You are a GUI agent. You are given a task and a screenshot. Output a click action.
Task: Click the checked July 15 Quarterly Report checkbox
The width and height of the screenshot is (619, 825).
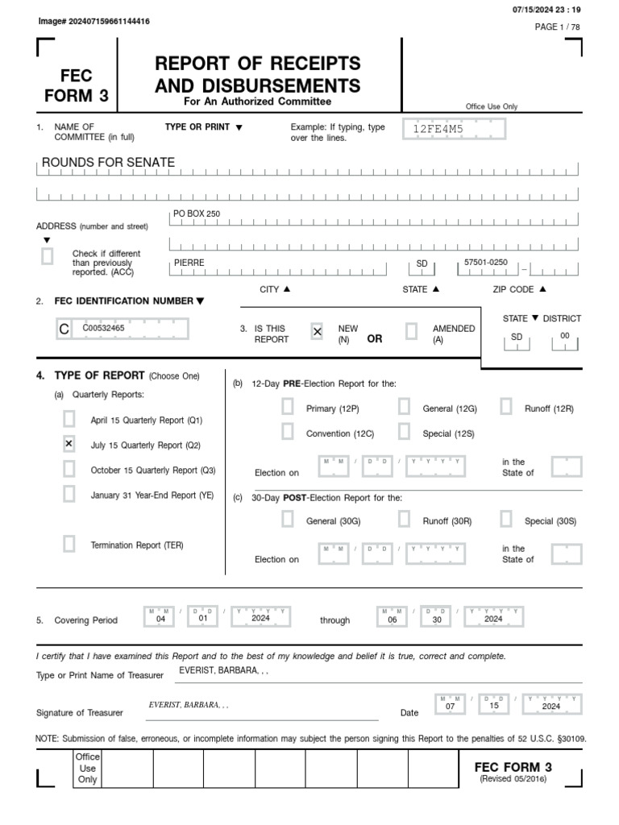point(69,444)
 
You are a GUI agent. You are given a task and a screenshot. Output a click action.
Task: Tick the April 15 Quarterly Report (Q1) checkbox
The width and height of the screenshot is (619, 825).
point(69,419)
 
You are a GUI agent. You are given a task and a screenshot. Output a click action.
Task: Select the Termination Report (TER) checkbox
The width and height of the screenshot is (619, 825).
point(69,545)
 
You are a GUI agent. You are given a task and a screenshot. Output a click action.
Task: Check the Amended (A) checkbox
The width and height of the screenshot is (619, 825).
point(411,331)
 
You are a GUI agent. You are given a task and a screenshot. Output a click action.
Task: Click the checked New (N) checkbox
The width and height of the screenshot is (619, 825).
point(317,331)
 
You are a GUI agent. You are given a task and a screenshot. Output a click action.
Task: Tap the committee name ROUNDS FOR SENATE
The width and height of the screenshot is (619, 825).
point(108,163)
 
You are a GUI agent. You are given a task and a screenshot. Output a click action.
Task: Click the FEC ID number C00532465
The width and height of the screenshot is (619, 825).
point(103,328)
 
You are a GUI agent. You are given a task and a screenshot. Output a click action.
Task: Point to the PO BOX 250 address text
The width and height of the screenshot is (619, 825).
point(197,214)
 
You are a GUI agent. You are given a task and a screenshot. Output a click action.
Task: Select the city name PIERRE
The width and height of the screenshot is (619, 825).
point(189,263)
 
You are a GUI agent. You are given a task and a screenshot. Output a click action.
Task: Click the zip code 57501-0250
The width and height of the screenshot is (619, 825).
point(486,263)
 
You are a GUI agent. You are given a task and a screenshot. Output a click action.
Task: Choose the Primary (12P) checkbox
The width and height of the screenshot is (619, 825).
point(288,408)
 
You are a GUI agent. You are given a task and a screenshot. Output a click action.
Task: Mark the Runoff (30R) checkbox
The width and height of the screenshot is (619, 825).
point(404,520)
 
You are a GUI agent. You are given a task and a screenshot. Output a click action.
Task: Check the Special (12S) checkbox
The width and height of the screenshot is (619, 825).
point(404,433)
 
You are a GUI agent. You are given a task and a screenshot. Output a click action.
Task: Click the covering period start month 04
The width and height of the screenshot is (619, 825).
point(160,619)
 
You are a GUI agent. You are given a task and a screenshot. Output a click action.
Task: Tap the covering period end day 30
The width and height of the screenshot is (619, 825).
point(435,619)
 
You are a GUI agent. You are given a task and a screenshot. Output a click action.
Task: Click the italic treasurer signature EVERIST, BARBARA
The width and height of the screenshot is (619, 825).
point(188,705)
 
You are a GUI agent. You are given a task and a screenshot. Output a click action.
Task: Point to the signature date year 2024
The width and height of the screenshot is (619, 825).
point(551,706)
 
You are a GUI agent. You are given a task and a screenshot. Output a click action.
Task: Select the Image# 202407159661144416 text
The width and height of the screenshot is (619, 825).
point(93,21)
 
